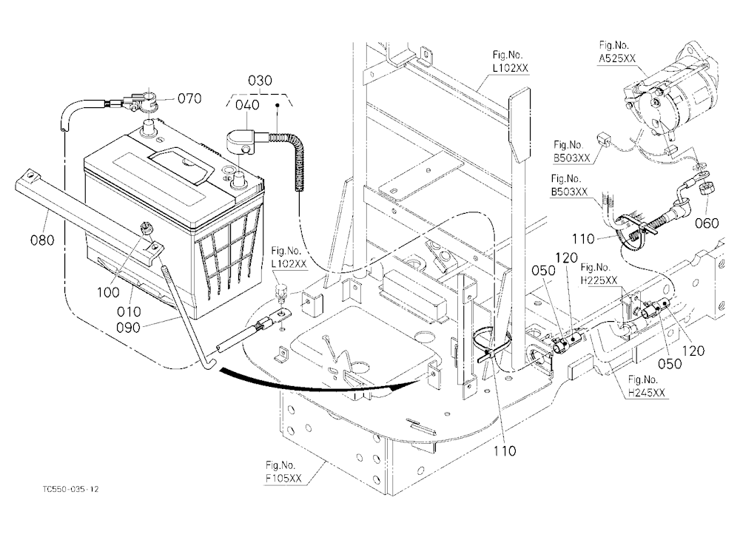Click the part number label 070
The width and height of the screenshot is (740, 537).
coord(189,98)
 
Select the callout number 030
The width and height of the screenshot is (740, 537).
coord(260,80)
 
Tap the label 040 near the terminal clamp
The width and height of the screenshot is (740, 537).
coord(247,104)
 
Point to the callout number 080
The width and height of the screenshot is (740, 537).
coord(42,240)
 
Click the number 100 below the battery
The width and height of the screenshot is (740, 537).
coord(108,293)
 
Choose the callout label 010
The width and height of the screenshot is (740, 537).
coord(129,311)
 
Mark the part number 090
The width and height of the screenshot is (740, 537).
coord(128,328)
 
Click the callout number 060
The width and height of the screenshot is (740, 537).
coord(707,223)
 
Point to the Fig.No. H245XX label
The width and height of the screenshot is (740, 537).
coord(646,386)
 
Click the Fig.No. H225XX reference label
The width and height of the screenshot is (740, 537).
coord(599,274)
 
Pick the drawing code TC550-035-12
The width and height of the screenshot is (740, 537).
coord(70,489)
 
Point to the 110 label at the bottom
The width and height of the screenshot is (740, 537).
coord(505,451)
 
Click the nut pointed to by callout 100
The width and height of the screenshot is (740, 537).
coord(147,229)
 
